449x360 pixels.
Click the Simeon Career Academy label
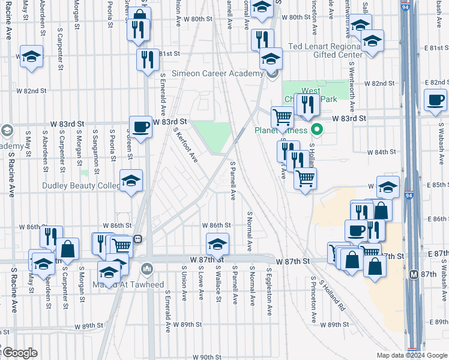point(217,73)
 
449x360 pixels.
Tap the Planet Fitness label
point(280,130)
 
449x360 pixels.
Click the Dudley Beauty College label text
point(81,186)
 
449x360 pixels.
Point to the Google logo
point(19,353)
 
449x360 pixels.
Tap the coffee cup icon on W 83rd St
point(140,127)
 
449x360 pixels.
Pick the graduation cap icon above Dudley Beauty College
point(131,180)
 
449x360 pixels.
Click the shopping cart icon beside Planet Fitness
point(282,117)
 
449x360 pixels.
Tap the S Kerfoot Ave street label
point(185,144)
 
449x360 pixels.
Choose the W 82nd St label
point(31,91)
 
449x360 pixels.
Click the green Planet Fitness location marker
point(318,130)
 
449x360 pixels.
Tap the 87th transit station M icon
point(413,274)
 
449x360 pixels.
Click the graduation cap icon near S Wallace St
point(217,244)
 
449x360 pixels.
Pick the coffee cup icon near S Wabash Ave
point(435,100)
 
